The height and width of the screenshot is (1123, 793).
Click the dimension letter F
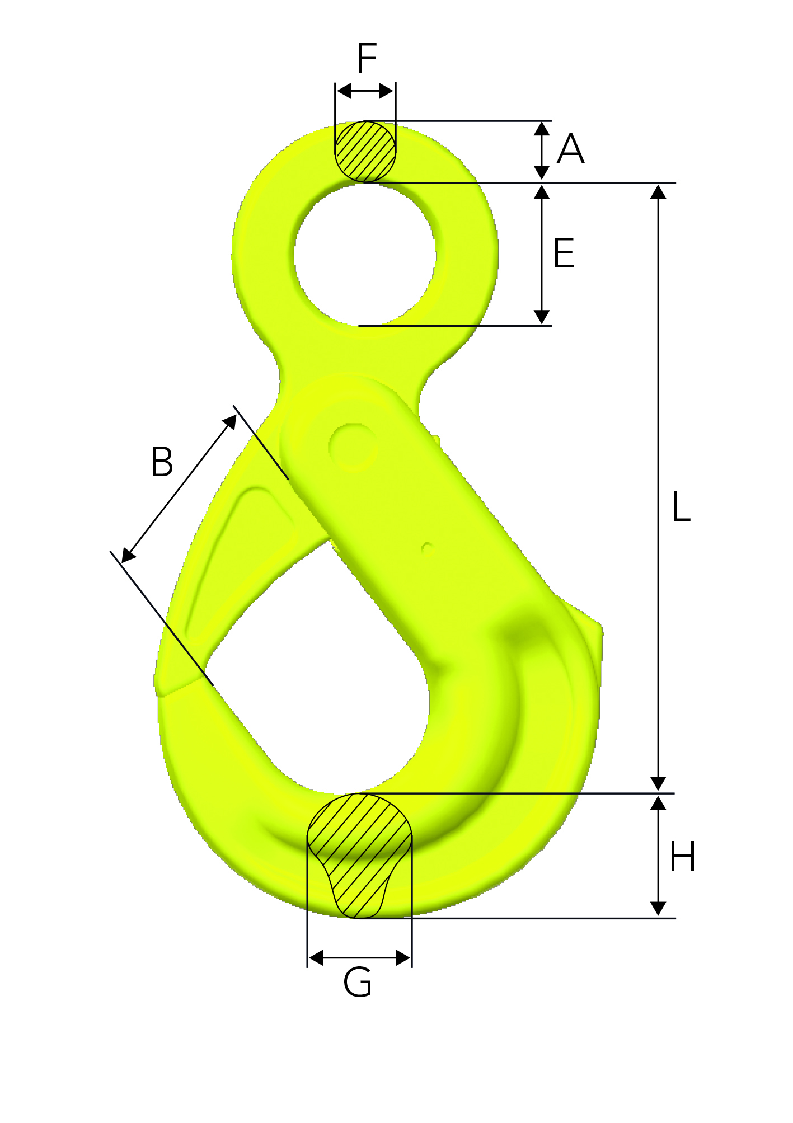click(367, 58)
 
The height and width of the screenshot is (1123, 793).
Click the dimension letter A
click(571, 149)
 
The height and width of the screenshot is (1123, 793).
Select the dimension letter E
click(564, 253)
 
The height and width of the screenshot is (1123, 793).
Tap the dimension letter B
click(162, 462)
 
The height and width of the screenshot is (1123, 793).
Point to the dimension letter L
click(681, 507)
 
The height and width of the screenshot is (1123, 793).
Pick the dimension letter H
click(682, 857)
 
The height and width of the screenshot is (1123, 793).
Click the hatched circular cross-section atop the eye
click(365, 151)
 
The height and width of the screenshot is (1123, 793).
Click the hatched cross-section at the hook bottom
click(360, 856)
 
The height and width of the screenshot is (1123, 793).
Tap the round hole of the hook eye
click(365, 255)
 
